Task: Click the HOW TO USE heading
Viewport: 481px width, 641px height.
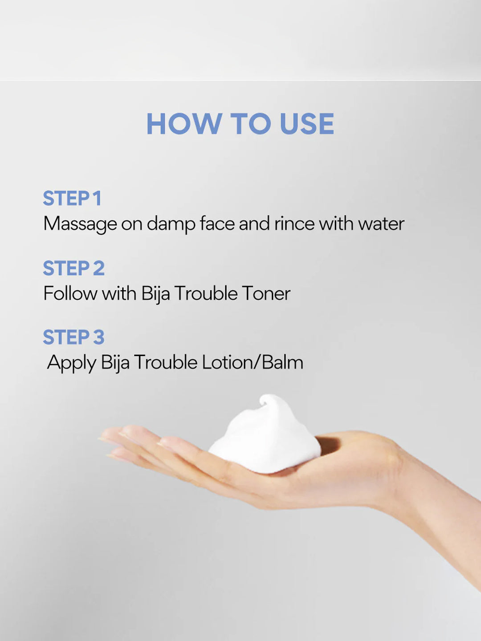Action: pos(240,124)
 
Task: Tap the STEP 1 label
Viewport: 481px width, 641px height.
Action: pos(72,199)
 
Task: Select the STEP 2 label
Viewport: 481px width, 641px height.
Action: pos(74,268)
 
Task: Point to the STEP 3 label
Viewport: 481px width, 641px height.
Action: pos(74,337)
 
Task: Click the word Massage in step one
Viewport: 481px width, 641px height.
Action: pos(80,224)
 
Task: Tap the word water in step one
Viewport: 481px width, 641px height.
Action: pos(381,223)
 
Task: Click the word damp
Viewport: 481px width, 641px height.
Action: pos(171,224)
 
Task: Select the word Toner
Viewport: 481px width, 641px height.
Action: pos(266,294)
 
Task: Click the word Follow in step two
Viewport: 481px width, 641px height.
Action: pos(70,294)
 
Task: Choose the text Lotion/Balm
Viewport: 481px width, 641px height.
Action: pos(253,362)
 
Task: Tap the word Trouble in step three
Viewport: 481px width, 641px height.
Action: pos(165,362)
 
